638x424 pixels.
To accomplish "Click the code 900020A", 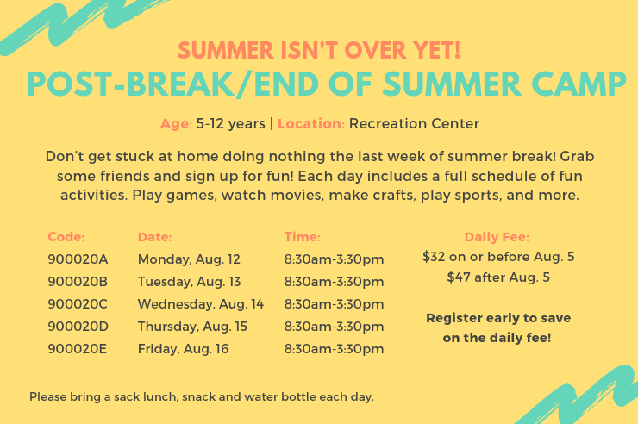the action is [78, 259].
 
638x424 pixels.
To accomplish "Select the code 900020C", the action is [78, 304].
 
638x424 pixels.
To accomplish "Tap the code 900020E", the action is [78, 349].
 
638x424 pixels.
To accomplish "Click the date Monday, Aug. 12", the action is [189, 259].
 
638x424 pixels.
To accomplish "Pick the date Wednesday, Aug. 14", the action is [201, 304].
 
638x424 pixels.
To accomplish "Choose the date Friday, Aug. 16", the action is [183, 349].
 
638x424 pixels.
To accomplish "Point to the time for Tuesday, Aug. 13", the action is [334, 282].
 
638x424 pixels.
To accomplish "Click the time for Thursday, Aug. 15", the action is [334, 327].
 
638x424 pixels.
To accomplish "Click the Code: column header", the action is [66, 237].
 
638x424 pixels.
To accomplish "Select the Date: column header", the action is [155, 237].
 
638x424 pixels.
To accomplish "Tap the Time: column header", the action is [303, 237].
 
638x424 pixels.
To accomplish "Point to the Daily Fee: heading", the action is [497, 237].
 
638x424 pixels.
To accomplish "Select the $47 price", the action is [458, 277].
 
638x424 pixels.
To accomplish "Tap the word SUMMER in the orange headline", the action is [225, 50].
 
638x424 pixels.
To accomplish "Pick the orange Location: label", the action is [311, 123].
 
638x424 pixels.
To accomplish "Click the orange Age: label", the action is [176, 124].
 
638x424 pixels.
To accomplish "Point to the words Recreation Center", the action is [414, 123].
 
